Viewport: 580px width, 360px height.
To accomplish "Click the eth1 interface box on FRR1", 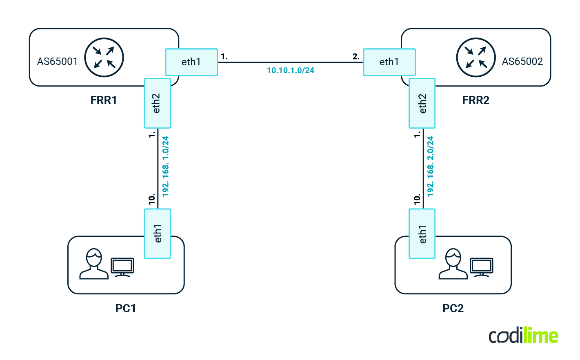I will click(x=191, y=62).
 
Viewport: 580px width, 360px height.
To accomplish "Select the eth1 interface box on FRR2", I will click(x=389, y=62).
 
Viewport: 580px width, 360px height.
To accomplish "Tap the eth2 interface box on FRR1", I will click(x=157, y=103).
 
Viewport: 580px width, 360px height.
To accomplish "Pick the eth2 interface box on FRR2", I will click(x=422, y=103).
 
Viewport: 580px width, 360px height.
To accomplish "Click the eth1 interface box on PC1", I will click(x=157, y=233).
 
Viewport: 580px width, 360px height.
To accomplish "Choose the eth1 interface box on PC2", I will click(x=422, y=233).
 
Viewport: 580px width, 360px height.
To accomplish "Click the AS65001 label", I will click(x=57, y=62).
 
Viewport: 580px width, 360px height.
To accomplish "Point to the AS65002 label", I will click(x=522, y=62).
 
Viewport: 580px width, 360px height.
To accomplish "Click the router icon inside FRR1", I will click(x=104, y=58).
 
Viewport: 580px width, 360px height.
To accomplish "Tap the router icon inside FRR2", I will click(x=476, y=58).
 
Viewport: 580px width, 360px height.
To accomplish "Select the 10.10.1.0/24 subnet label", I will click(x=290, y=71).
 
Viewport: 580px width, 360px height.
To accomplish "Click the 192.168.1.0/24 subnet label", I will click(x=166, y=167).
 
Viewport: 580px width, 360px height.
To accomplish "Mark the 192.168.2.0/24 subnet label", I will click(x=431, y=167).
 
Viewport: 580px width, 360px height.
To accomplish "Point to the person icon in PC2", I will click(x=453, y=264).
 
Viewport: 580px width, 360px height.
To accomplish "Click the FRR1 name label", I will click(x=104, y=100).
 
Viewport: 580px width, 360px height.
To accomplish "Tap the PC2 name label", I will click(x=453, y=308).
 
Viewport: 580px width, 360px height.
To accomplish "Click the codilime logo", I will click(x=523, y=336).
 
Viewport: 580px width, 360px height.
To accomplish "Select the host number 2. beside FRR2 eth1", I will click(x=356, y=57).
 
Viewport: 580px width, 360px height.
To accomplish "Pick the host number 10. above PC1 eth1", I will click(x=152, y=199).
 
